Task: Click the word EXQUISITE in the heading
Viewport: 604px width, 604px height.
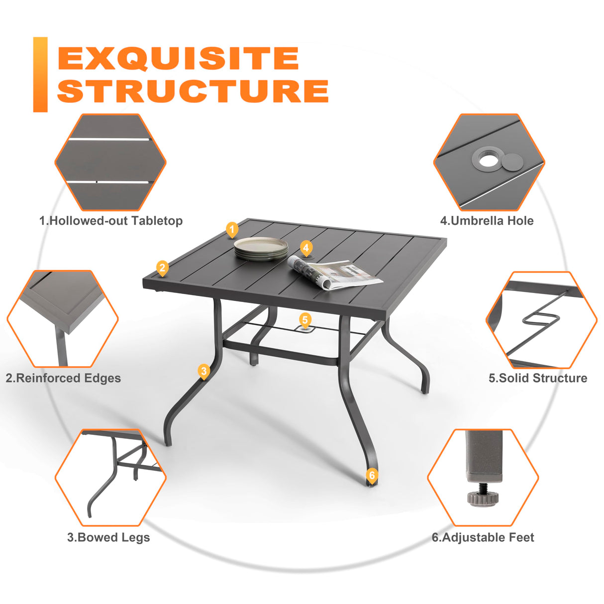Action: click(178, 58)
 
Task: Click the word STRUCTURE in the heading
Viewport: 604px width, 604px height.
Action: click(193, 91)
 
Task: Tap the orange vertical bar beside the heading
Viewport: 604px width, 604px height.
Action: click(40, 75)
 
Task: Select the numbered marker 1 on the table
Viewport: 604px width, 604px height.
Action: click(232, 229)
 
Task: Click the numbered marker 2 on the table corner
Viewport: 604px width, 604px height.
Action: click(162, 268)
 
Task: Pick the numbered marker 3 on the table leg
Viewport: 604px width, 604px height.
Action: click(203, 371)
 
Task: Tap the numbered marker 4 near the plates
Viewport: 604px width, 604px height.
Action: click(306, 248)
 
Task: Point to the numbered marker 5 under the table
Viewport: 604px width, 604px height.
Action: click(305, 320)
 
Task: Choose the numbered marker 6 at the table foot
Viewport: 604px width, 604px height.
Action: click(372, 475)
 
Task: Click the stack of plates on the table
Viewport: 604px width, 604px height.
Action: click(261, 248)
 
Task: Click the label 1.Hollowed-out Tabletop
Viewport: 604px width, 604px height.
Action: click(111, 221)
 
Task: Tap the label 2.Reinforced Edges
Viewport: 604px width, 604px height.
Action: click(63, 378)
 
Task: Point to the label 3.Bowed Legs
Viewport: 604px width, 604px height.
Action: click(108, 537)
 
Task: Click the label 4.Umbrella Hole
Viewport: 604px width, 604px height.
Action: click(487, 221)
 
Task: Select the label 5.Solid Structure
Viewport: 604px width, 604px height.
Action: click(538, 378)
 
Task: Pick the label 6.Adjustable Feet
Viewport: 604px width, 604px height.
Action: click(483, 537)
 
